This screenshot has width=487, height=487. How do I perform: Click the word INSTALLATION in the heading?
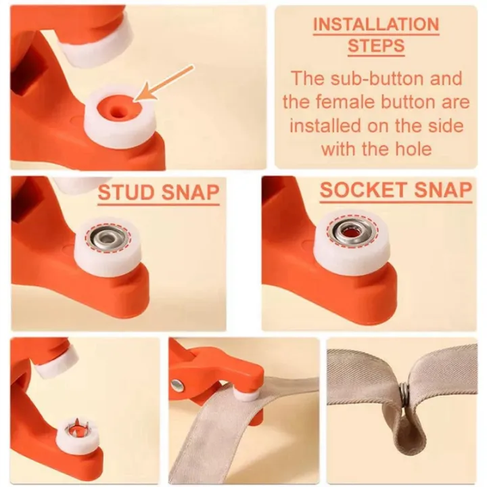[x=376, y=24]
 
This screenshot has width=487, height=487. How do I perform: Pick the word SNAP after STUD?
[x=190, y=193]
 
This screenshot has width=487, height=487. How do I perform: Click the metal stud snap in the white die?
[x=108, y=237]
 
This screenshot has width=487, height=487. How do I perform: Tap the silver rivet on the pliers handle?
[x=177, y=386]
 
